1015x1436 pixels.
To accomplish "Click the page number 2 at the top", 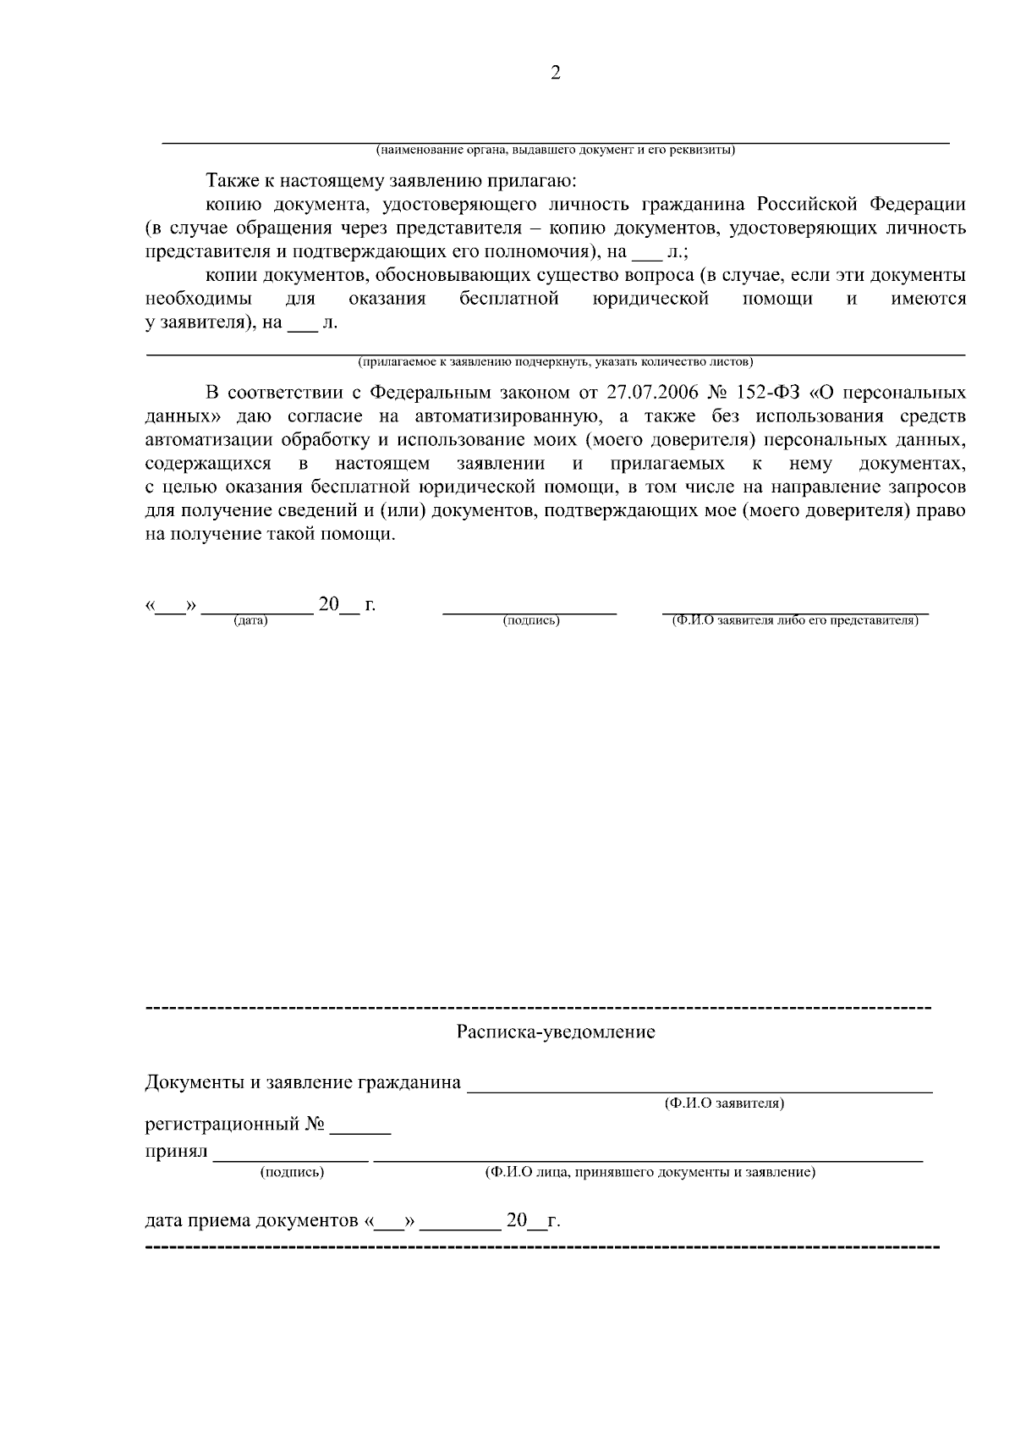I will (x=556, y=73).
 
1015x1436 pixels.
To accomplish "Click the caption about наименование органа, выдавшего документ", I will (x=556, y=151).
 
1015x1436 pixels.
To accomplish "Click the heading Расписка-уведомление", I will (x=556, y=1032).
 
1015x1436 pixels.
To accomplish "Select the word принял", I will (x=176, y=1153).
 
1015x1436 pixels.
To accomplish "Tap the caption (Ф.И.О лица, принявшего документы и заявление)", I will (x=650, y=1172).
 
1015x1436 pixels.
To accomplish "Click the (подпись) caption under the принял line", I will (x=292, y=1172).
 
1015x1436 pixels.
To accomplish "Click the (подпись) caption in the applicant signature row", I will (x=530, y=621).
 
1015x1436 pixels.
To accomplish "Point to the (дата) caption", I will (x=250, y=621).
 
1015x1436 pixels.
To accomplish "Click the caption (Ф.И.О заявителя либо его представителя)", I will (x=795, y=620).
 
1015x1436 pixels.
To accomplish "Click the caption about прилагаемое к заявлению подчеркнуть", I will (x=556, y=362).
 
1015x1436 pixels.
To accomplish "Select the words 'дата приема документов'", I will (x=251, y=1221).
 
